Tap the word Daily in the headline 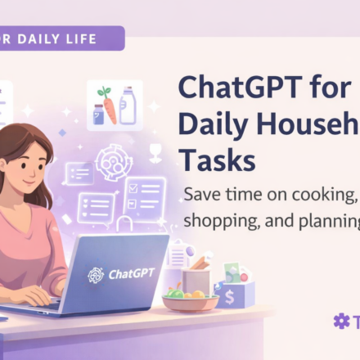coord(216,124)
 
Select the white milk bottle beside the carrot coord(127,107)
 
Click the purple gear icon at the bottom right coord(341,321)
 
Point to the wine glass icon coord(155,152)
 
